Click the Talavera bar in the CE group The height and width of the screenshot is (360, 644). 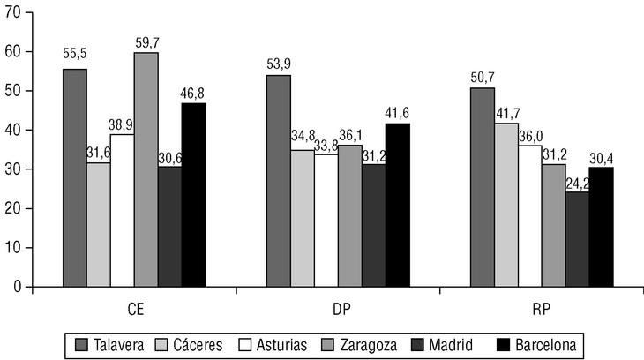point(75,177)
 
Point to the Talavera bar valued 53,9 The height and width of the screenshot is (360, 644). point(279,181)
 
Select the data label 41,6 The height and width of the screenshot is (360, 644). point(398,111)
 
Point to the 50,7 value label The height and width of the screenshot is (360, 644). point(483,76)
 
